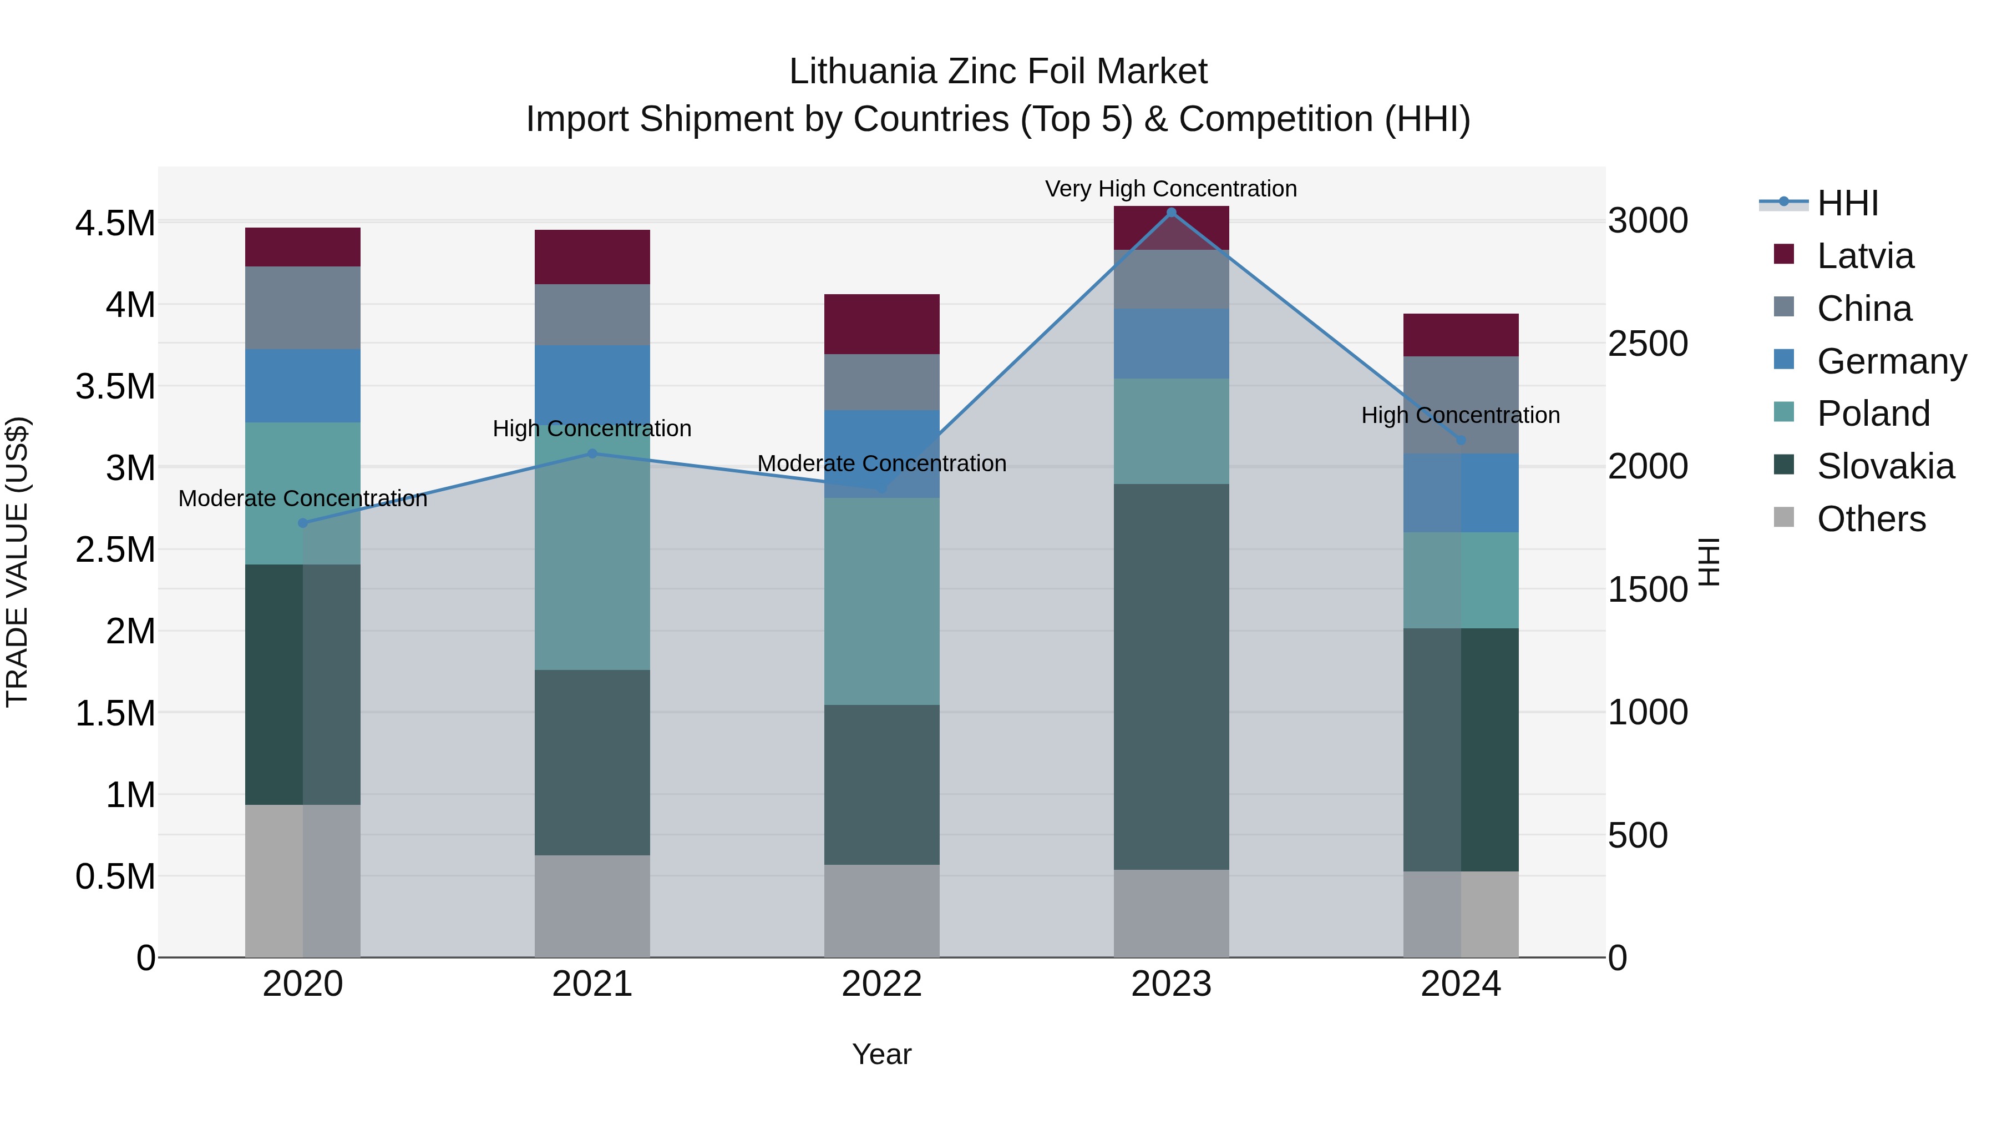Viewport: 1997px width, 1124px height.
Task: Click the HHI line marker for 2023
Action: [x=1172, y=213]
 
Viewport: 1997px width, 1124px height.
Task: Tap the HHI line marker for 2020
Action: [x=303, y=523]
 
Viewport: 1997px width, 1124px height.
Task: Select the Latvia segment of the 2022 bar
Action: [x=881, y=324]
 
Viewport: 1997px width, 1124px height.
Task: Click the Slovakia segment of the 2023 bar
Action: [x=1172, y=677]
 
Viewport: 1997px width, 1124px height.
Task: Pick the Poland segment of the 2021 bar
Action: [x=592, y=558]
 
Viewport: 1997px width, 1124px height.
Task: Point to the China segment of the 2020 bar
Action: [x=303, y=308]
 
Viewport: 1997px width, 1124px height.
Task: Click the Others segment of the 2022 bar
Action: [x=881, y=911]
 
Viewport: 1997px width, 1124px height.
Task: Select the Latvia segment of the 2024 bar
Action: [x=1461, y=335]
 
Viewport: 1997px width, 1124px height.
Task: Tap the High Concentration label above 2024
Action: [x=1461, y=415]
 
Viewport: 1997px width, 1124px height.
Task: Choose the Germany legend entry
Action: [x=1892, y=361]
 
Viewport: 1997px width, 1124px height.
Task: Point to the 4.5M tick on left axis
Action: [x=115, y=223]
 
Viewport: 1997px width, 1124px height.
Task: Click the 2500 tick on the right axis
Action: [x=1648, y=344]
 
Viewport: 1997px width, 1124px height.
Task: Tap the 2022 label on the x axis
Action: [x=881, y=984]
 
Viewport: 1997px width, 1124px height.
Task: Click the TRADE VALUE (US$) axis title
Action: [x=17, y=562]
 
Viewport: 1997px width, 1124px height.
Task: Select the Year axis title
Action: [x=881, y=1054]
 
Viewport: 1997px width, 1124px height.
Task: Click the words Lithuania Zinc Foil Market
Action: [x=998, y=72]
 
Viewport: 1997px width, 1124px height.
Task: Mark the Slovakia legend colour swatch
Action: [x=1784, y=466]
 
